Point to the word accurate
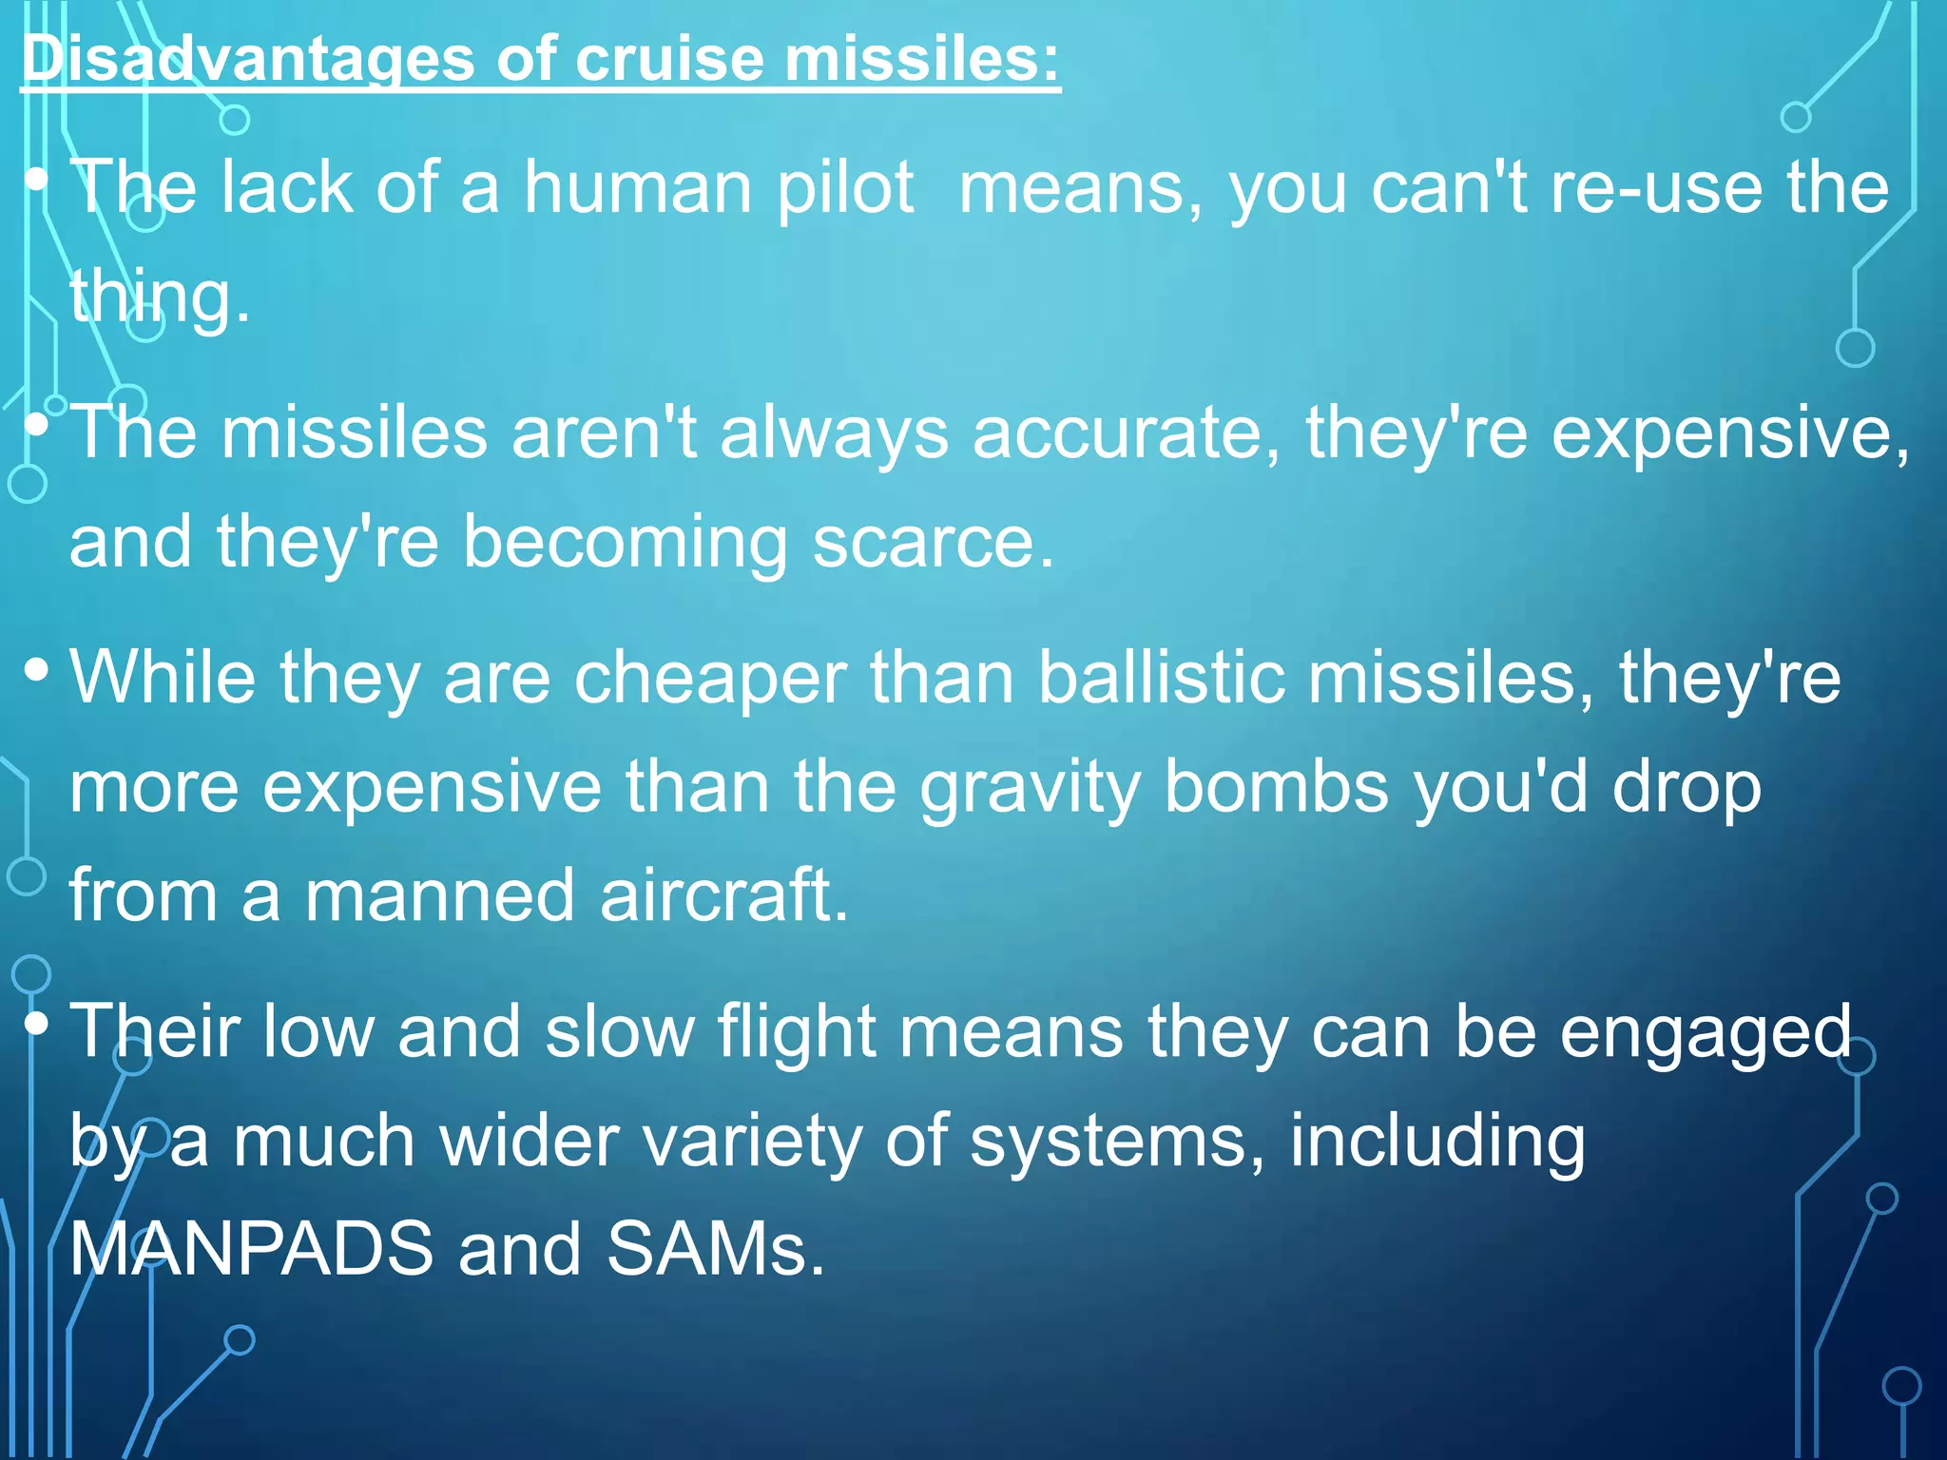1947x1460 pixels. click(1126, 433)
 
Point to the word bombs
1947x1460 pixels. click(1276, 787)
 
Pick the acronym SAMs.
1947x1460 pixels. click(715, 1249)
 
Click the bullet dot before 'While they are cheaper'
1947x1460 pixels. click(37, 671)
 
